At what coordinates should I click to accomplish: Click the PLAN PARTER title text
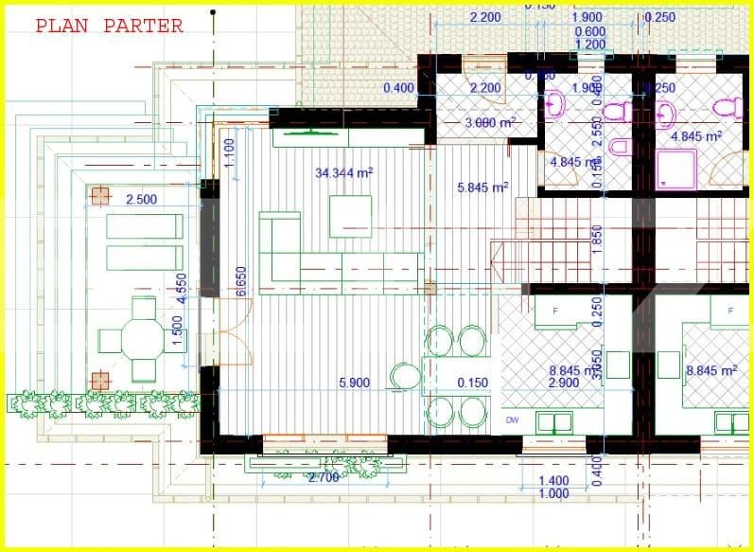[x=109, y=27]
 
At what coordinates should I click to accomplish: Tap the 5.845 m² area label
[x=482, y=187]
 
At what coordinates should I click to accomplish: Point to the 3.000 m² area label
[x=489, y=123]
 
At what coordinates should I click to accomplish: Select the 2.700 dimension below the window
[x=324, y=477]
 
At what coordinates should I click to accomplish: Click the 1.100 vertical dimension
[x=228, y=152]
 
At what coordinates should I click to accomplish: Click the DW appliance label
[x=513, y=419]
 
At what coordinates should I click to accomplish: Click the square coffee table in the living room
[x=350, y=216]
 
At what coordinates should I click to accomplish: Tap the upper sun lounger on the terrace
[x=144, y=227]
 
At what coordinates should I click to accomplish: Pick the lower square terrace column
[x=100, y=381]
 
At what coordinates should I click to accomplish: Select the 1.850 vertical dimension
[x=597, y=237]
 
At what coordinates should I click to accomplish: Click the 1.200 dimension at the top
[x=590, y=45]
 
